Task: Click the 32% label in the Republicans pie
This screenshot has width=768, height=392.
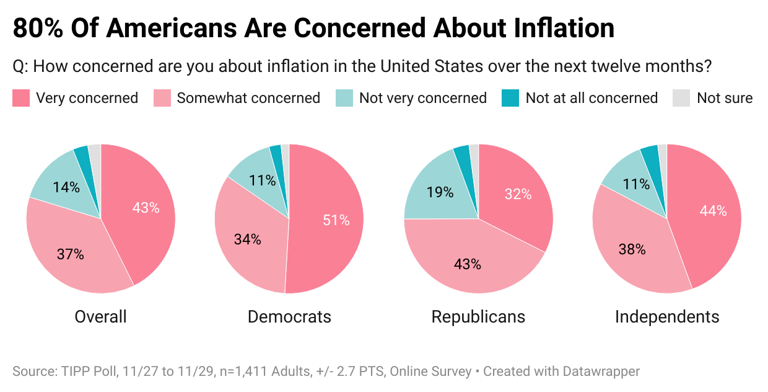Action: point(518,194)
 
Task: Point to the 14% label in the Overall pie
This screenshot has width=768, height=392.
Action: point(66,187)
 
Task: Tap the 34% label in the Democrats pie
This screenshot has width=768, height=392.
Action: point(247,239)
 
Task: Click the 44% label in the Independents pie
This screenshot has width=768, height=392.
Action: point(713,211)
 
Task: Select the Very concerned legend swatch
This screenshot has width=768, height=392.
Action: point(21,98)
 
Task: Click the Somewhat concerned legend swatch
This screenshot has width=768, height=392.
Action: point(162,98)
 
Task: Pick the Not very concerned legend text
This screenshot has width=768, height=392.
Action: point(422,98)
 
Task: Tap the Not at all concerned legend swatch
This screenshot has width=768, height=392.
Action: point(510,98)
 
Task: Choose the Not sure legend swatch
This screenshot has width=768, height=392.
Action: point(681,98)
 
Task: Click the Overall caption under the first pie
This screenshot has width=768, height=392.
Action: point(100,317)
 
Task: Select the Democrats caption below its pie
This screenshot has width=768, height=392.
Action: point(289,317)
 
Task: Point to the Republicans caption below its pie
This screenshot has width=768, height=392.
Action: point(478,317)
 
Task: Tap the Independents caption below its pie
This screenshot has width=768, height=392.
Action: point(667,317)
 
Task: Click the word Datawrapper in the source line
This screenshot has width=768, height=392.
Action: point(601,372)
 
